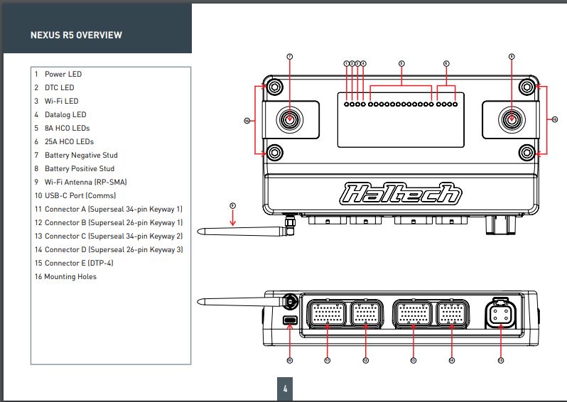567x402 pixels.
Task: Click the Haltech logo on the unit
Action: click(401, 193)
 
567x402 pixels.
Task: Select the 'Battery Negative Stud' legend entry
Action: click(80, 155)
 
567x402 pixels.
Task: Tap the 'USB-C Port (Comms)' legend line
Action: click(80, 195)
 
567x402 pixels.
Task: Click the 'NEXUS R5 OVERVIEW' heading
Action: click(76, 35)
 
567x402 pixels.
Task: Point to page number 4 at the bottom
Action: click(285, 389)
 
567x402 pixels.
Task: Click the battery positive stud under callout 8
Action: click(512, 119)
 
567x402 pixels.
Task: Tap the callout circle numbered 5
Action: click(401, 63)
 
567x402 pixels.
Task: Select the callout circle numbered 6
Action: click(446, 63)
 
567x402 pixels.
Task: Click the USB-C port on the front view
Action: click(290, 321)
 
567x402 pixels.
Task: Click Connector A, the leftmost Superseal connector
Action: click(327, 313)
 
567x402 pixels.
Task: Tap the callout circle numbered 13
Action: click(413, 361)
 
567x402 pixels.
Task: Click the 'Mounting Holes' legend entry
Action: click(70, 276)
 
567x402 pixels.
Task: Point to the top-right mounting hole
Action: click(526, 87)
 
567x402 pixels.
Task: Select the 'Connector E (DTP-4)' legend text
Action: click(78, 263)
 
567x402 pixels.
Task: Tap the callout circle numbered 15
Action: click(500, 361)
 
